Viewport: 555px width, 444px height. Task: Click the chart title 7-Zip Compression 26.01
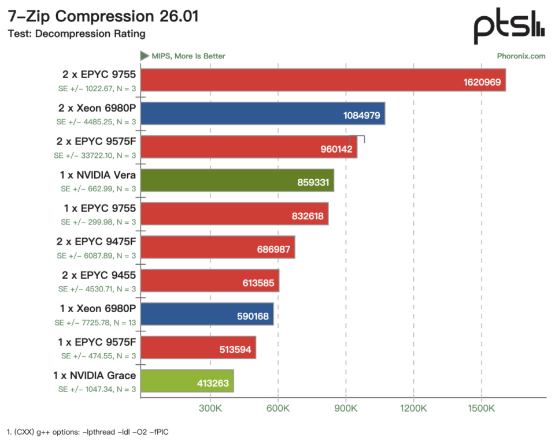tap(103, 16)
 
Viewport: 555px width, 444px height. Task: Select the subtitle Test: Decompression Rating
tap(76, 34)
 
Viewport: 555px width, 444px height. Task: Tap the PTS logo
tap(509, 27)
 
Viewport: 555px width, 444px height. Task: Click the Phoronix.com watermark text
tap(521, 56)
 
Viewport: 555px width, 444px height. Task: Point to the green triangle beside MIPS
tap(145, 55)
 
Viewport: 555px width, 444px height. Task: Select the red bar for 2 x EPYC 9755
tap(323, 80)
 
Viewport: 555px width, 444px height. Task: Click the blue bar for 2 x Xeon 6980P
tap(263, 113)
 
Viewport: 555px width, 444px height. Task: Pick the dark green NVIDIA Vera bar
tap(238, 180)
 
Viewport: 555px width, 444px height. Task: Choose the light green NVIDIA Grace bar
tap(187, 380)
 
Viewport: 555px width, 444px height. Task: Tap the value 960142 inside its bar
tap(336, 149)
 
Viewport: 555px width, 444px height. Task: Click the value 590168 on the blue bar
tap(253, 316)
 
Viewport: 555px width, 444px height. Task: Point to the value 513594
tap(235, 349)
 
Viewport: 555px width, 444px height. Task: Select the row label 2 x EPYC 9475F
tap(96, 242)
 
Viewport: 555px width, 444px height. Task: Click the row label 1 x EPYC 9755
tap(100, 208)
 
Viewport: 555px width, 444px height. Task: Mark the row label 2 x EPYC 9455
tap(99, 275)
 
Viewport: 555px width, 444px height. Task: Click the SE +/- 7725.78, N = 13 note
tap(95, 323)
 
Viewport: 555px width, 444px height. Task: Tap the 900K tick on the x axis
tap(346, 408)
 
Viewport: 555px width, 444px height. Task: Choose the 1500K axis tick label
tap(482, 408)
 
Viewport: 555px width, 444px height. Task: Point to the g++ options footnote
tap(88, 432)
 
